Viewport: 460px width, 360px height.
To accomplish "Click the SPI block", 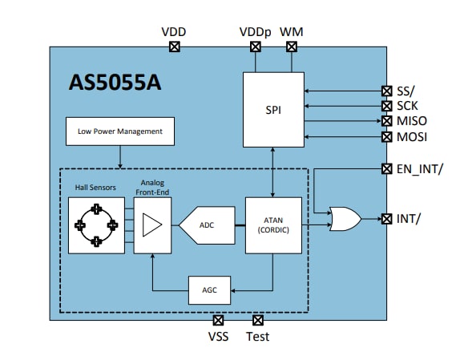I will click(274, 108).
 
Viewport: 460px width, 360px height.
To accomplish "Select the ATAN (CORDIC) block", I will click(274, 227).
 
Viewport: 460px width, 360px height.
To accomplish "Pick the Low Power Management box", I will click(120, 131).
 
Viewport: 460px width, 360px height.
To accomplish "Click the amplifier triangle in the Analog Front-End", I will click(150, 227).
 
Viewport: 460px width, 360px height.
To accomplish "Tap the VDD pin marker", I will click(175, 47).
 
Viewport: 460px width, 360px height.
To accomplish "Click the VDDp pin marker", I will click(256, 47).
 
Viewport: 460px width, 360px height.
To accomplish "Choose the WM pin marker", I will click(290, 47).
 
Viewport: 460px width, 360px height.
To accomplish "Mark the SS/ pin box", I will click(386, 91).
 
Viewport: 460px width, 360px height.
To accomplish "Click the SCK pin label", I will click(409, 106).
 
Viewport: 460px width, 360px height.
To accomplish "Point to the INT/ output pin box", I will click(386, 218).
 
